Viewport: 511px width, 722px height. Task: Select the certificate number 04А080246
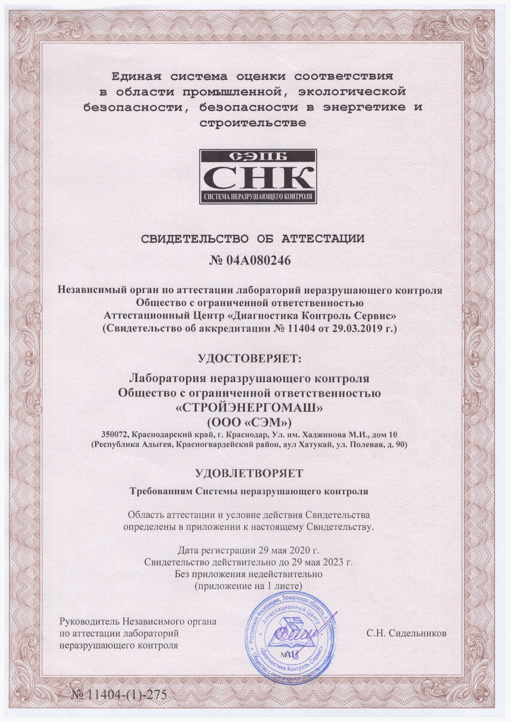tap(258, 260)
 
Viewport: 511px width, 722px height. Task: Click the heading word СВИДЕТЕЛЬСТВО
tap(195, 239)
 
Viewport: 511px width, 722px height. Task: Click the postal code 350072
tap(116, 435)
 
